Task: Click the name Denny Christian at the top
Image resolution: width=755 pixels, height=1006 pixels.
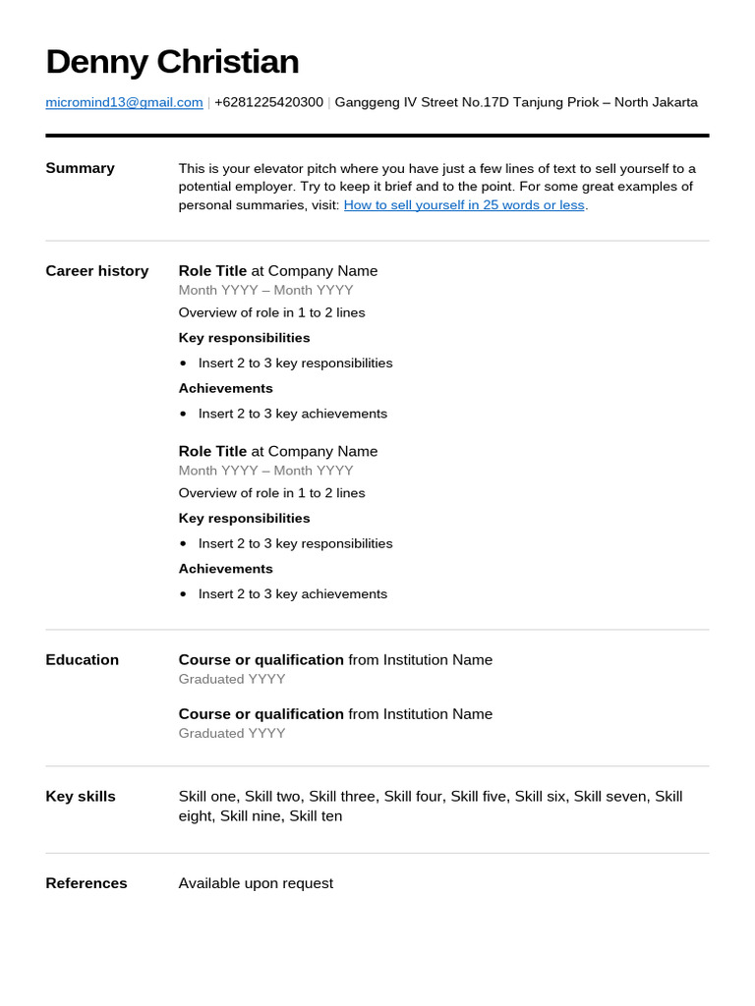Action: (x=172, y=62)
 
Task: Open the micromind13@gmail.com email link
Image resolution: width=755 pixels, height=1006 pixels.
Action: (x=124, y=102)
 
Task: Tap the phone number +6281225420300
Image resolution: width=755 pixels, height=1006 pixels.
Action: (x=268, y=102)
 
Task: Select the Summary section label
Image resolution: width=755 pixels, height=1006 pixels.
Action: (x=80, y=168)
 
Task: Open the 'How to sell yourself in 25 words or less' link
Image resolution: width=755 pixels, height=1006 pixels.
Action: (x=464, y=205)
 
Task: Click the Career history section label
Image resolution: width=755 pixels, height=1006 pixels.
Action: (x=96, y=271)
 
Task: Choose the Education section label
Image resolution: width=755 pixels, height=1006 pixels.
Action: (x=82, y=660)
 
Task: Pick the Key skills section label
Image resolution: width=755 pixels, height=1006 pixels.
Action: (x=81, y=797)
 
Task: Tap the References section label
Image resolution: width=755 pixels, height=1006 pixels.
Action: (x=87, y=883)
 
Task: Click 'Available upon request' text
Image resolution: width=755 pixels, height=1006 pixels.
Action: (x=256, y=883)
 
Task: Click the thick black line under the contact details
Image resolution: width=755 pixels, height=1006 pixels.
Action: (x=377, y=136)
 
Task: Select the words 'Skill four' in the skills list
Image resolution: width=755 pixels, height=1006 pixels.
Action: (x=414, y=797)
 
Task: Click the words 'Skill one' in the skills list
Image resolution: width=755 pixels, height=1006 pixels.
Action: (x=207, y=797)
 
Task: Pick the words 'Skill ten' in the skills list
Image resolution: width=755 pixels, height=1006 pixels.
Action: (x=316, y=816)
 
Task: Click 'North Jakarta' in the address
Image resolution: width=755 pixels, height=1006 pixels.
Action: (x=656, y=102)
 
